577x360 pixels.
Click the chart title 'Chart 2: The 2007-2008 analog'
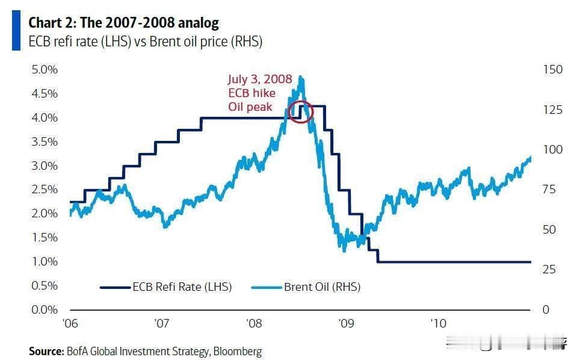click(x=123, y=23)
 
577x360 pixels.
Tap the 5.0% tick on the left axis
click(x=45, y=69)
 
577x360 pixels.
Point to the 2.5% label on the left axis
click(x=45, y=190)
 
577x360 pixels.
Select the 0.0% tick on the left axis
click(x=45, y=309)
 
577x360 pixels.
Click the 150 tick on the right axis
click(x=553, y=69)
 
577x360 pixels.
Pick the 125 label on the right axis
click(x=553, y=110)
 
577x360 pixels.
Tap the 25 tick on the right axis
click(x=549, y=269)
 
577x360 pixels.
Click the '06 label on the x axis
click(x=70, y=323)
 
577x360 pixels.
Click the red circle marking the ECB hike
click(x=301, y=111)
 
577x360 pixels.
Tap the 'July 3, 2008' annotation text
click(x=259, y=79)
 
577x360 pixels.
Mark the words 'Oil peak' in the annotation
click(x=250, y=107)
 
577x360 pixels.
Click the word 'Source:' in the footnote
click(x=46, y=351)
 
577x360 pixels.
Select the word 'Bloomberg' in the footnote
click(x=238, y=351)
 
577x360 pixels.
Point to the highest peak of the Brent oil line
click(x=301, y=77)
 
